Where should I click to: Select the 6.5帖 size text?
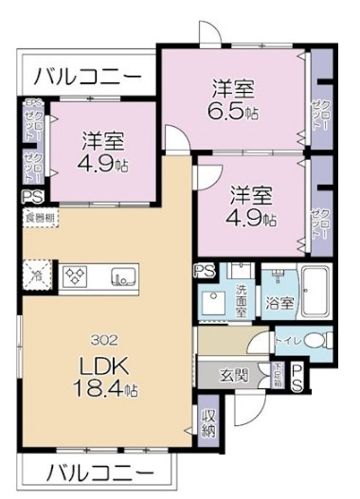(x=233, y=111)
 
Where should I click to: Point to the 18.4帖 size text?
(x=105, y=386)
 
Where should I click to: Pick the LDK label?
(x=104, y=365)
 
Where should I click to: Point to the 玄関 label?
(x=235, y=375)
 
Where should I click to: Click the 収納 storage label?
(x=207, y=423)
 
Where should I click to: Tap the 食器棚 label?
(x=39, y=218)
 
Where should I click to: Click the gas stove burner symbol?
(x=75, y=276)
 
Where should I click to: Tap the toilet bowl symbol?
(x=318, y=339)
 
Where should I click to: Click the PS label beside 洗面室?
(x=205, y=271)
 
